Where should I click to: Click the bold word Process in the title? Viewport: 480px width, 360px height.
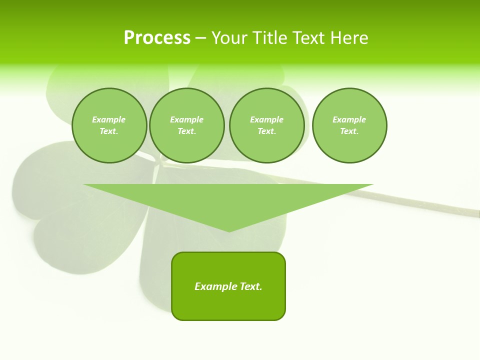pos(157,38)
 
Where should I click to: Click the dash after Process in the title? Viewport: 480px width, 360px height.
pos(200,38)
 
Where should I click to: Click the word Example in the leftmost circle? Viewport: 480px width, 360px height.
pos(109,119)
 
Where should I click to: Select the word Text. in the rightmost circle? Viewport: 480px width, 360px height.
pos(349,131)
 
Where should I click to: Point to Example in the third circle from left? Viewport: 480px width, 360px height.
pos(266,119)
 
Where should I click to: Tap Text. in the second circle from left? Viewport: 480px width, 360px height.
pos(187,131)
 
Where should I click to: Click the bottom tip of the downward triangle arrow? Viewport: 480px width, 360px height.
pos(229,230)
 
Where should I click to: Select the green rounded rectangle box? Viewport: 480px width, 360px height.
pos(228,305)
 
